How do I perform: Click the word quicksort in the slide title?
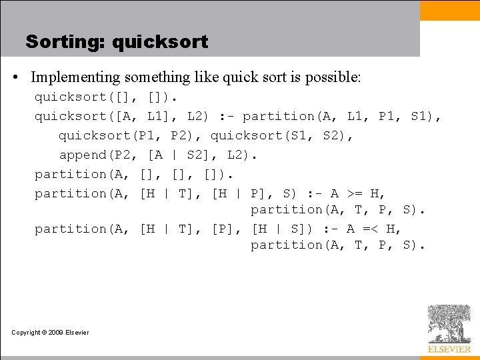point(160,42)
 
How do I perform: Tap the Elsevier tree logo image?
point(449,324)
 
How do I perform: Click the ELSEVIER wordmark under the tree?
point(449,349)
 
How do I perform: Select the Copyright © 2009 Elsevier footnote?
point(50,332)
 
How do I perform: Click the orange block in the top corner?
point(449,10)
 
